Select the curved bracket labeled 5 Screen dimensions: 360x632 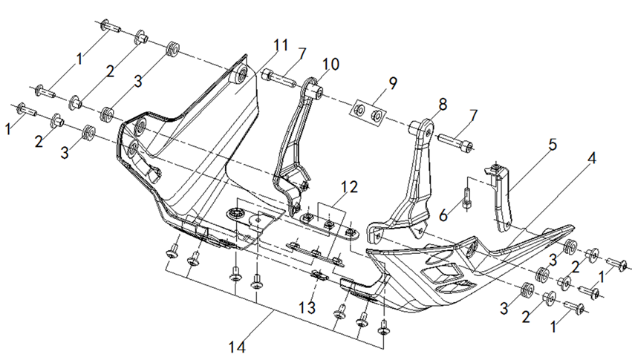(x=504, y=197)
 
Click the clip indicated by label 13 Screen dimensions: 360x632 (x=319, y=276)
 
